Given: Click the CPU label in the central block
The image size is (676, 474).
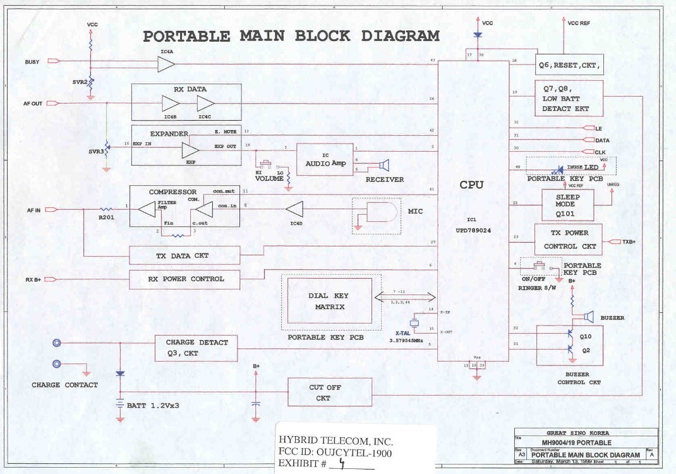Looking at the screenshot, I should tap(471, 185).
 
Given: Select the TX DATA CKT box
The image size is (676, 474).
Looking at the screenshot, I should tap(184, 255).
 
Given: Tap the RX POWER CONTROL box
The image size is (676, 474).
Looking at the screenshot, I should tap(184, 279).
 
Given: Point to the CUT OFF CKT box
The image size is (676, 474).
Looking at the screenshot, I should tap(329, 392).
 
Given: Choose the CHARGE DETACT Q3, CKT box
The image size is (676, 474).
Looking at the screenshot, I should tap(196, 348).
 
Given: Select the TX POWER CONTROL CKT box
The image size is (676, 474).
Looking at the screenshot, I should tap(568, 238).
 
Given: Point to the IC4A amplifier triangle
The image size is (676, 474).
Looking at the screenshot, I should tap(166, 63).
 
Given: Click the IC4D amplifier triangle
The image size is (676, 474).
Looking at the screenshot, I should tap(295, 209).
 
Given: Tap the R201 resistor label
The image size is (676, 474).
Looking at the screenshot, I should tap(106, 216).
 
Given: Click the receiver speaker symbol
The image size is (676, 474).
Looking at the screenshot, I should tap(383, 166).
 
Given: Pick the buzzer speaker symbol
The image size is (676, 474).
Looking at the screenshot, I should tap(588, 317).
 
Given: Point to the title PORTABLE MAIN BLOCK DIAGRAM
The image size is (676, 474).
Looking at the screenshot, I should tap(291, 35).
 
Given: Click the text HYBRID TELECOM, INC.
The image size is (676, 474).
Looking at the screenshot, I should tap(335, 441).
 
